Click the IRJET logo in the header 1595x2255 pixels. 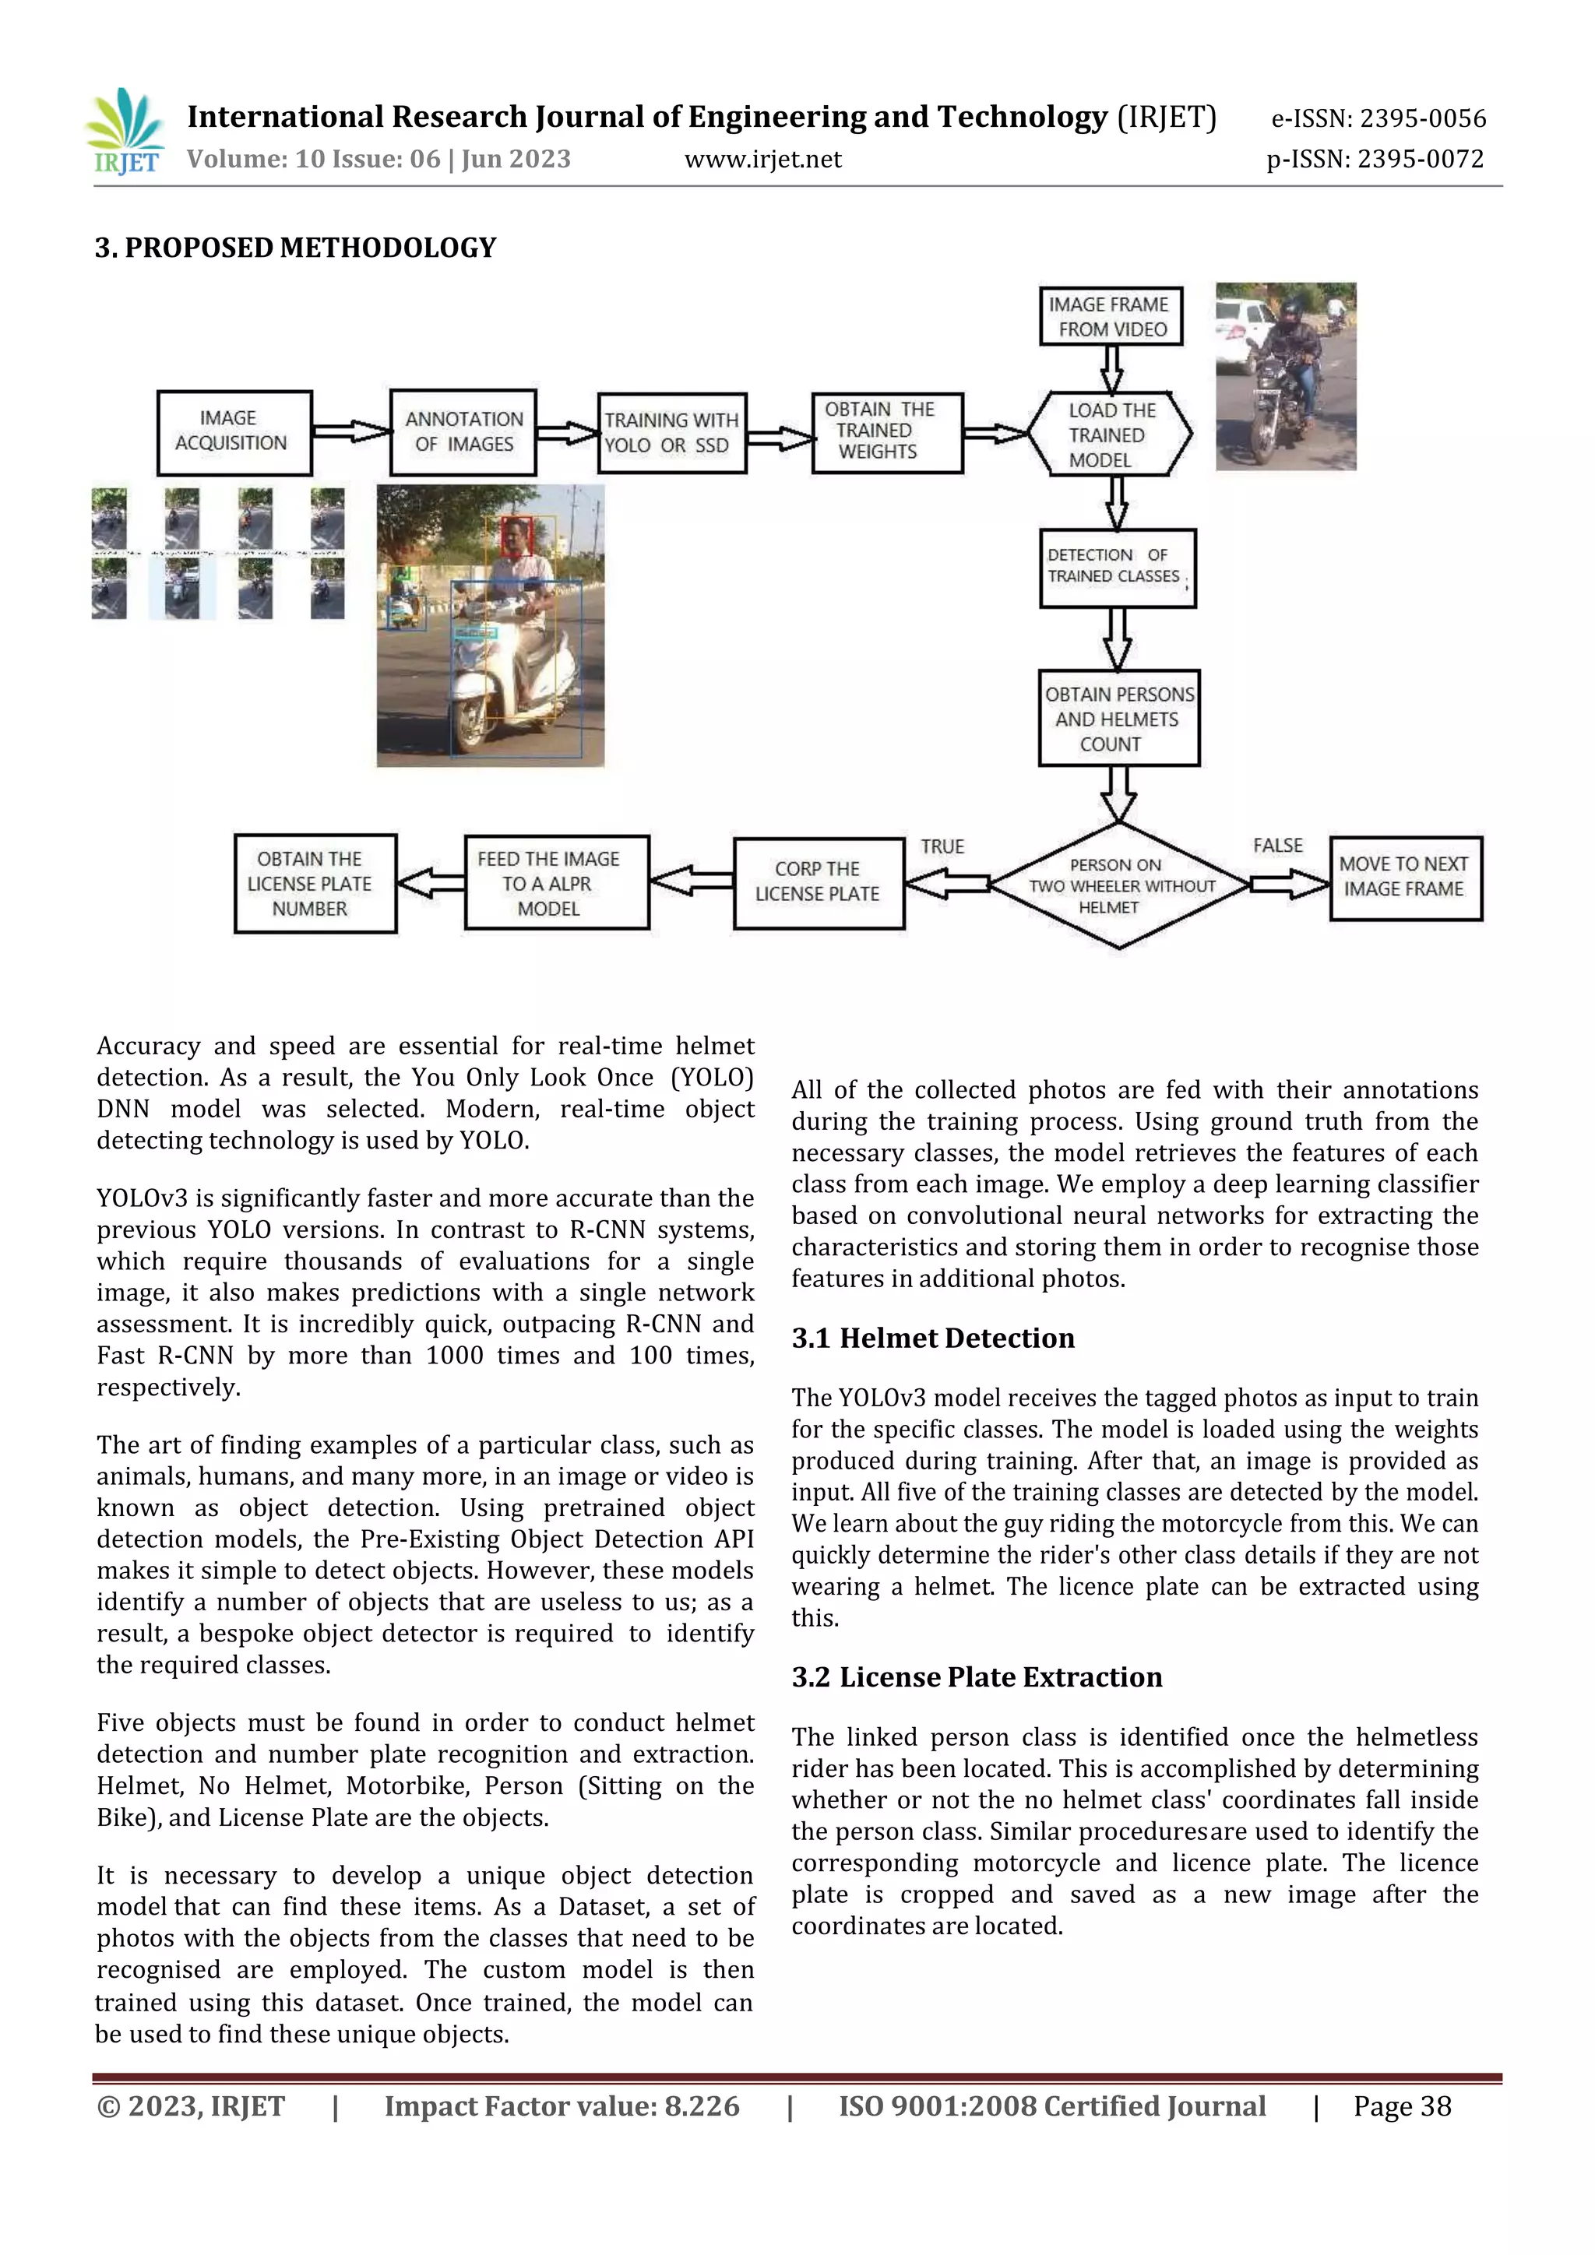coord(125,132)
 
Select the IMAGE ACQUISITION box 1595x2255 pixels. coord(234,432)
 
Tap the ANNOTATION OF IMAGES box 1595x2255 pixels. coord(463,432)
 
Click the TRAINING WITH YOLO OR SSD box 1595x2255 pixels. coord(672,433)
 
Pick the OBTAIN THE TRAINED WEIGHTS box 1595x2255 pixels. coord(887,432)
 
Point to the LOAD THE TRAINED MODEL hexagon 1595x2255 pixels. coord(1110,434)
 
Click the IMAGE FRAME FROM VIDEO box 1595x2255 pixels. coord(1111,316)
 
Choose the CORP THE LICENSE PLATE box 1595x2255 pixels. coord(818,882)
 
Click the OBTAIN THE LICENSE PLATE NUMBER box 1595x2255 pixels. coord(315,883)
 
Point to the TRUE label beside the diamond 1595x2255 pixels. coord(942,846)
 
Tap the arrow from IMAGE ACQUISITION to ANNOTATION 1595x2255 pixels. coord(350,431)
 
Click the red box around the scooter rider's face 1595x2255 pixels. coord(516,536)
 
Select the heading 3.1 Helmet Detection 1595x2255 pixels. coord(933,1339)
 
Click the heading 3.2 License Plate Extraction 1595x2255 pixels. coord(977,1677)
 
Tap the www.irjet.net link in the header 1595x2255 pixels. coord(762,159)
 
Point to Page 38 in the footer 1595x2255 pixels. coord(1402,2107)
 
